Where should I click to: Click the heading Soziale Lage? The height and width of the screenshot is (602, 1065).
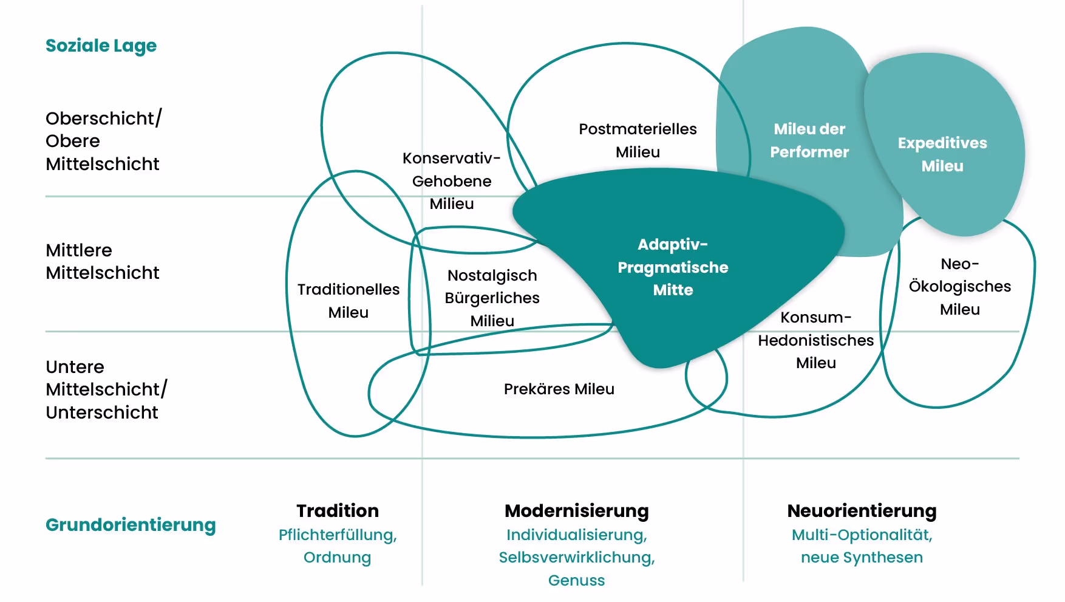[101, 46]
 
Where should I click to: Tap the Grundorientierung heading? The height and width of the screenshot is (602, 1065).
[131, 524]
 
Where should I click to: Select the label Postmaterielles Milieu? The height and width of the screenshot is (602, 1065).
[638, 140]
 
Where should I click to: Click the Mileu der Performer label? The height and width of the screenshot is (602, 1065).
[809, 140]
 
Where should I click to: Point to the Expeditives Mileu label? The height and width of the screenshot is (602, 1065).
[942, 154]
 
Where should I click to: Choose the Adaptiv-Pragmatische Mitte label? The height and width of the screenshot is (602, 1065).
[673, 267]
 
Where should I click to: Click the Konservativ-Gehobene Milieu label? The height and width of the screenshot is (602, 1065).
[452, 181]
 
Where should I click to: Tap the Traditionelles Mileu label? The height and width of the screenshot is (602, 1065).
[349, 301]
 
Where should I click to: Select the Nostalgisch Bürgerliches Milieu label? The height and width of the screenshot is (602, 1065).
[492, 298]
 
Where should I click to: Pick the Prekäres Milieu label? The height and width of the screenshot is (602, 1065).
[559, 389]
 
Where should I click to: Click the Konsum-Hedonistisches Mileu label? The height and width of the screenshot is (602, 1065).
[816, 340]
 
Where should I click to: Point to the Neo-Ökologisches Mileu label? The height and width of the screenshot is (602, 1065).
[960, 286]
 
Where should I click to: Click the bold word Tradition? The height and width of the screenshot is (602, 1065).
[338, 510]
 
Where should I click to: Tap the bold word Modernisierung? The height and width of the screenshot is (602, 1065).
[577, 510]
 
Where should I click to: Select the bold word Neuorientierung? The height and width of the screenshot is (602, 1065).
[862, 510]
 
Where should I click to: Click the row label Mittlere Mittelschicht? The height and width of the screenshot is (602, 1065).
[102, 261]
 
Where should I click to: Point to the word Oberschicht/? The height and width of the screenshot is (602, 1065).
[104, 118]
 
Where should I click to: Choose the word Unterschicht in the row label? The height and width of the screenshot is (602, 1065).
[102, 412]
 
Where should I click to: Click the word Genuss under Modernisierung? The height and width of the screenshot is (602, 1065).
[577, 580]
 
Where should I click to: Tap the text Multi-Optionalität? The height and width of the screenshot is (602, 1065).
[862, 535]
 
